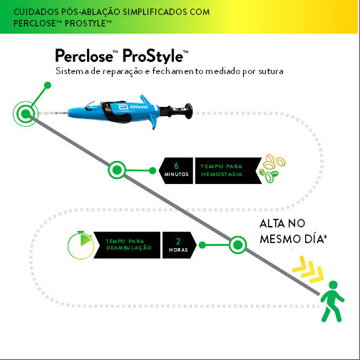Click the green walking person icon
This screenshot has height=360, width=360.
point(332,302)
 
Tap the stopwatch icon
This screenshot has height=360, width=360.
point(81,245)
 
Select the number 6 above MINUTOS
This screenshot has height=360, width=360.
point(176,165)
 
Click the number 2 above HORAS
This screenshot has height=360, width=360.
point(178,242)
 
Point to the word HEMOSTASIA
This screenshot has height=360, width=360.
point(222,174)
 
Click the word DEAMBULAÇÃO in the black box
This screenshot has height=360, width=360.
point(129,247)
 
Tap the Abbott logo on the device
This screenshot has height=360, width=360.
point(133,107)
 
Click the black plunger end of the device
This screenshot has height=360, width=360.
point(188,110)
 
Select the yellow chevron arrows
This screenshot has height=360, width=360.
point(308,269)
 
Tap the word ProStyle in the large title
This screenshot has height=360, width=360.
point(153,56)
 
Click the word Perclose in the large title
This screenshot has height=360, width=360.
point(84,56)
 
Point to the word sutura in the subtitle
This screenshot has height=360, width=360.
point(271,71)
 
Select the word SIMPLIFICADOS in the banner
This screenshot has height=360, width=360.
point(155,12)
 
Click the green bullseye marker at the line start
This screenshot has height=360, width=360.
point(26,114)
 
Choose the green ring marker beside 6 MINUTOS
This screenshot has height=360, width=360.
point(117,170)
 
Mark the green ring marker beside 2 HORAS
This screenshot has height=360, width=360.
point(237,245)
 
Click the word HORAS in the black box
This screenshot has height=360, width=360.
point(178,250)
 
